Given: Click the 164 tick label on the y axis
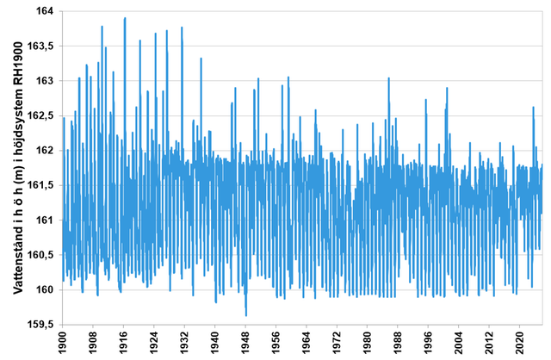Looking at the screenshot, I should (x=43, y=11).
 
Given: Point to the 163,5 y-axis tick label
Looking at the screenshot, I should (x=40, y=46).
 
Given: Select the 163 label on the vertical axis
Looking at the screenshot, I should (x=43, y=81).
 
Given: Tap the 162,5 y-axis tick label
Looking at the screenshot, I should (x=40, y=115).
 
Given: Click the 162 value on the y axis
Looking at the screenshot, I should (x=43, y=150).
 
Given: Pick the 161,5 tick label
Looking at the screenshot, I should (x=40, y=185).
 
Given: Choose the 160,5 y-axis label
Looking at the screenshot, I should (x=40, y=254).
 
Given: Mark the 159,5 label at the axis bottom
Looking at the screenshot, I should (x=40, y=324).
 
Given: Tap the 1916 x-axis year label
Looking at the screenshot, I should (x=124, y=340).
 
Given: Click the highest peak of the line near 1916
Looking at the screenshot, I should (x=125, y=18).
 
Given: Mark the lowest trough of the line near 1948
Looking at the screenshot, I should (x=246, y=315).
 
